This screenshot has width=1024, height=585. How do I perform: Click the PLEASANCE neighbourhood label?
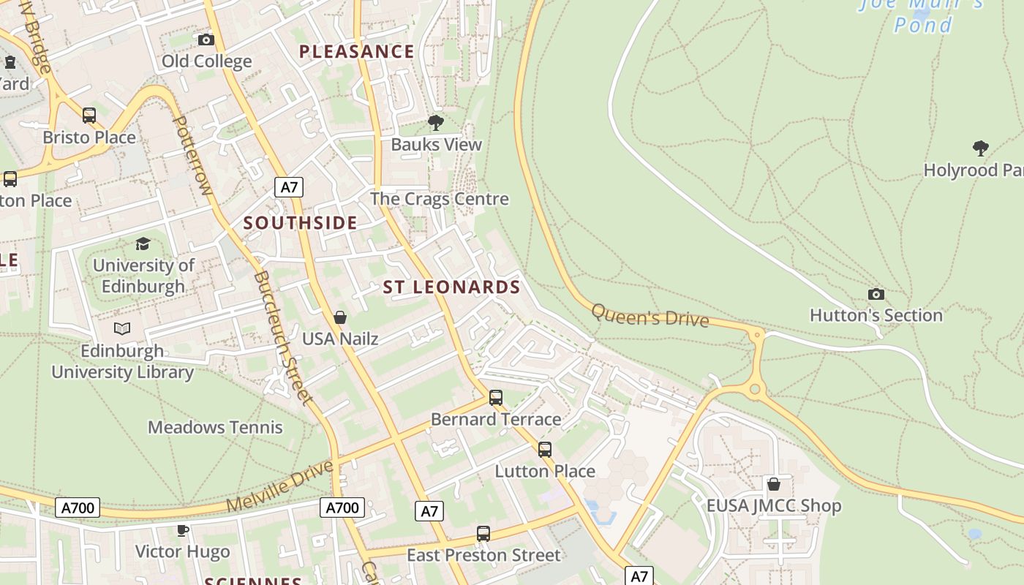point(357,52)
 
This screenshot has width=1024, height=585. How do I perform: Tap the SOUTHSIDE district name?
point(300,223)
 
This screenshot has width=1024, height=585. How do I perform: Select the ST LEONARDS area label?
point(451,287)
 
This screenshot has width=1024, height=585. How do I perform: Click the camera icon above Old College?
point(206,39)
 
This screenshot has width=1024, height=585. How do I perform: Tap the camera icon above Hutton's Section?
point(876,294)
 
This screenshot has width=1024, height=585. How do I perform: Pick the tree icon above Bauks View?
point(436,123)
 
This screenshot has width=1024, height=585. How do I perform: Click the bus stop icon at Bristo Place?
point(89,116)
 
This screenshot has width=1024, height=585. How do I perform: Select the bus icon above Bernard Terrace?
point(496,398)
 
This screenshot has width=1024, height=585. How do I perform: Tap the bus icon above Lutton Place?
point(545,450)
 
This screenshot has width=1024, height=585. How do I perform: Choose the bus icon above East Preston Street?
point(483,534)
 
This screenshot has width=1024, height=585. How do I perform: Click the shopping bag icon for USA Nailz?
point(340,317)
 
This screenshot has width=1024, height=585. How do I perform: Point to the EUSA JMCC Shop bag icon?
point(773,484)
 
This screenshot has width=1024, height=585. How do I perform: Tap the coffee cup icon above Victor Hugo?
point(183,530)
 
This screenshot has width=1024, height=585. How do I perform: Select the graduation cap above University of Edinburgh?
point(143,244)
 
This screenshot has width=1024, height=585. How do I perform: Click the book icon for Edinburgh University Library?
point(122,329)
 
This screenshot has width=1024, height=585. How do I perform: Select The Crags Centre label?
point(439,199)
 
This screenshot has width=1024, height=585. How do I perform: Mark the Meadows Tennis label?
point(215,427)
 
